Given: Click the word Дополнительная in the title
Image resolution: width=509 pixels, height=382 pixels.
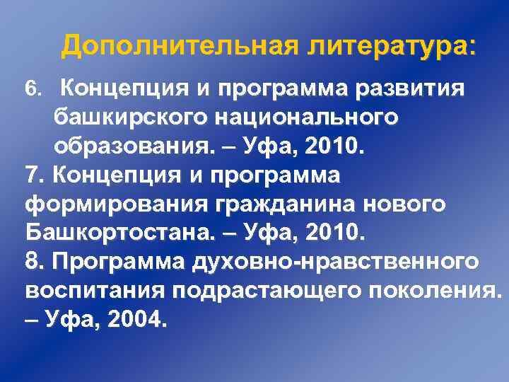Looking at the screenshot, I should [x=179, y=46].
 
